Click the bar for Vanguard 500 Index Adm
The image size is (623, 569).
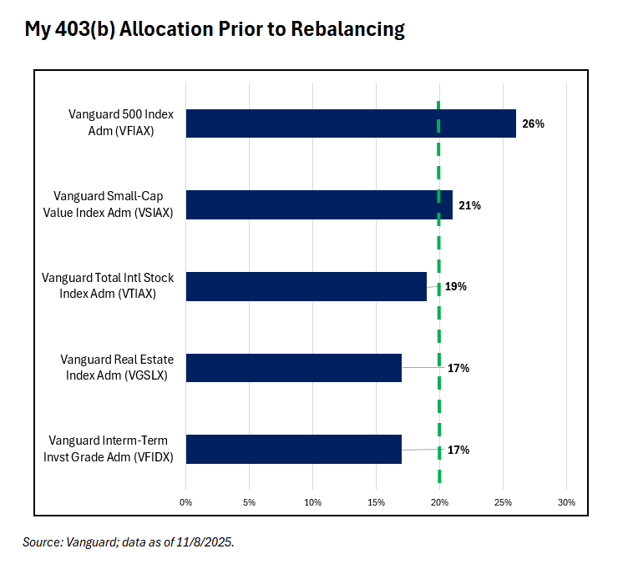pos(351,123)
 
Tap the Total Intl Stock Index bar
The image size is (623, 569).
pos(306,286)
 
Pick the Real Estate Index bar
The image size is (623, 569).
pos(293,368)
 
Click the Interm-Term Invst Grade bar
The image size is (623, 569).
pos(293,449)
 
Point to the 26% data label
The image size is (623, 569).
pos(533,123)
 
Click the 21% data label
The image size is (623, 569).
pos(469,205)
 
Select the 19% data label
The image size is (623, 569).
pos(455,286)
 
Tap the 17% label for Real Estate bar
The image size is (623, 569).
pos(458,368)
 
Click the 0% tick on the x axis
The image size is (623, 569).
pos(185,502)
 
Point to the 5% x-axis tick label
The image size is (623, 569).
pos(249,502)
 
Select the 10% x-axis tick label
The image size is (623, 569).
pos(312,502)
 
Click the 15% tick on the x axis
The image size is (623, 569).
pos(376,502)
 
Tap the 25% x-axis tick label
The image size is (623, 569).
pos(503,502)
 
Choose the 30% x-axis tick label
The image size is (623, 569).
pos(566,502)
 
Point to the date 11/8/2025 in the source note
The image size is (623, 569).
pos(205,542)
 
